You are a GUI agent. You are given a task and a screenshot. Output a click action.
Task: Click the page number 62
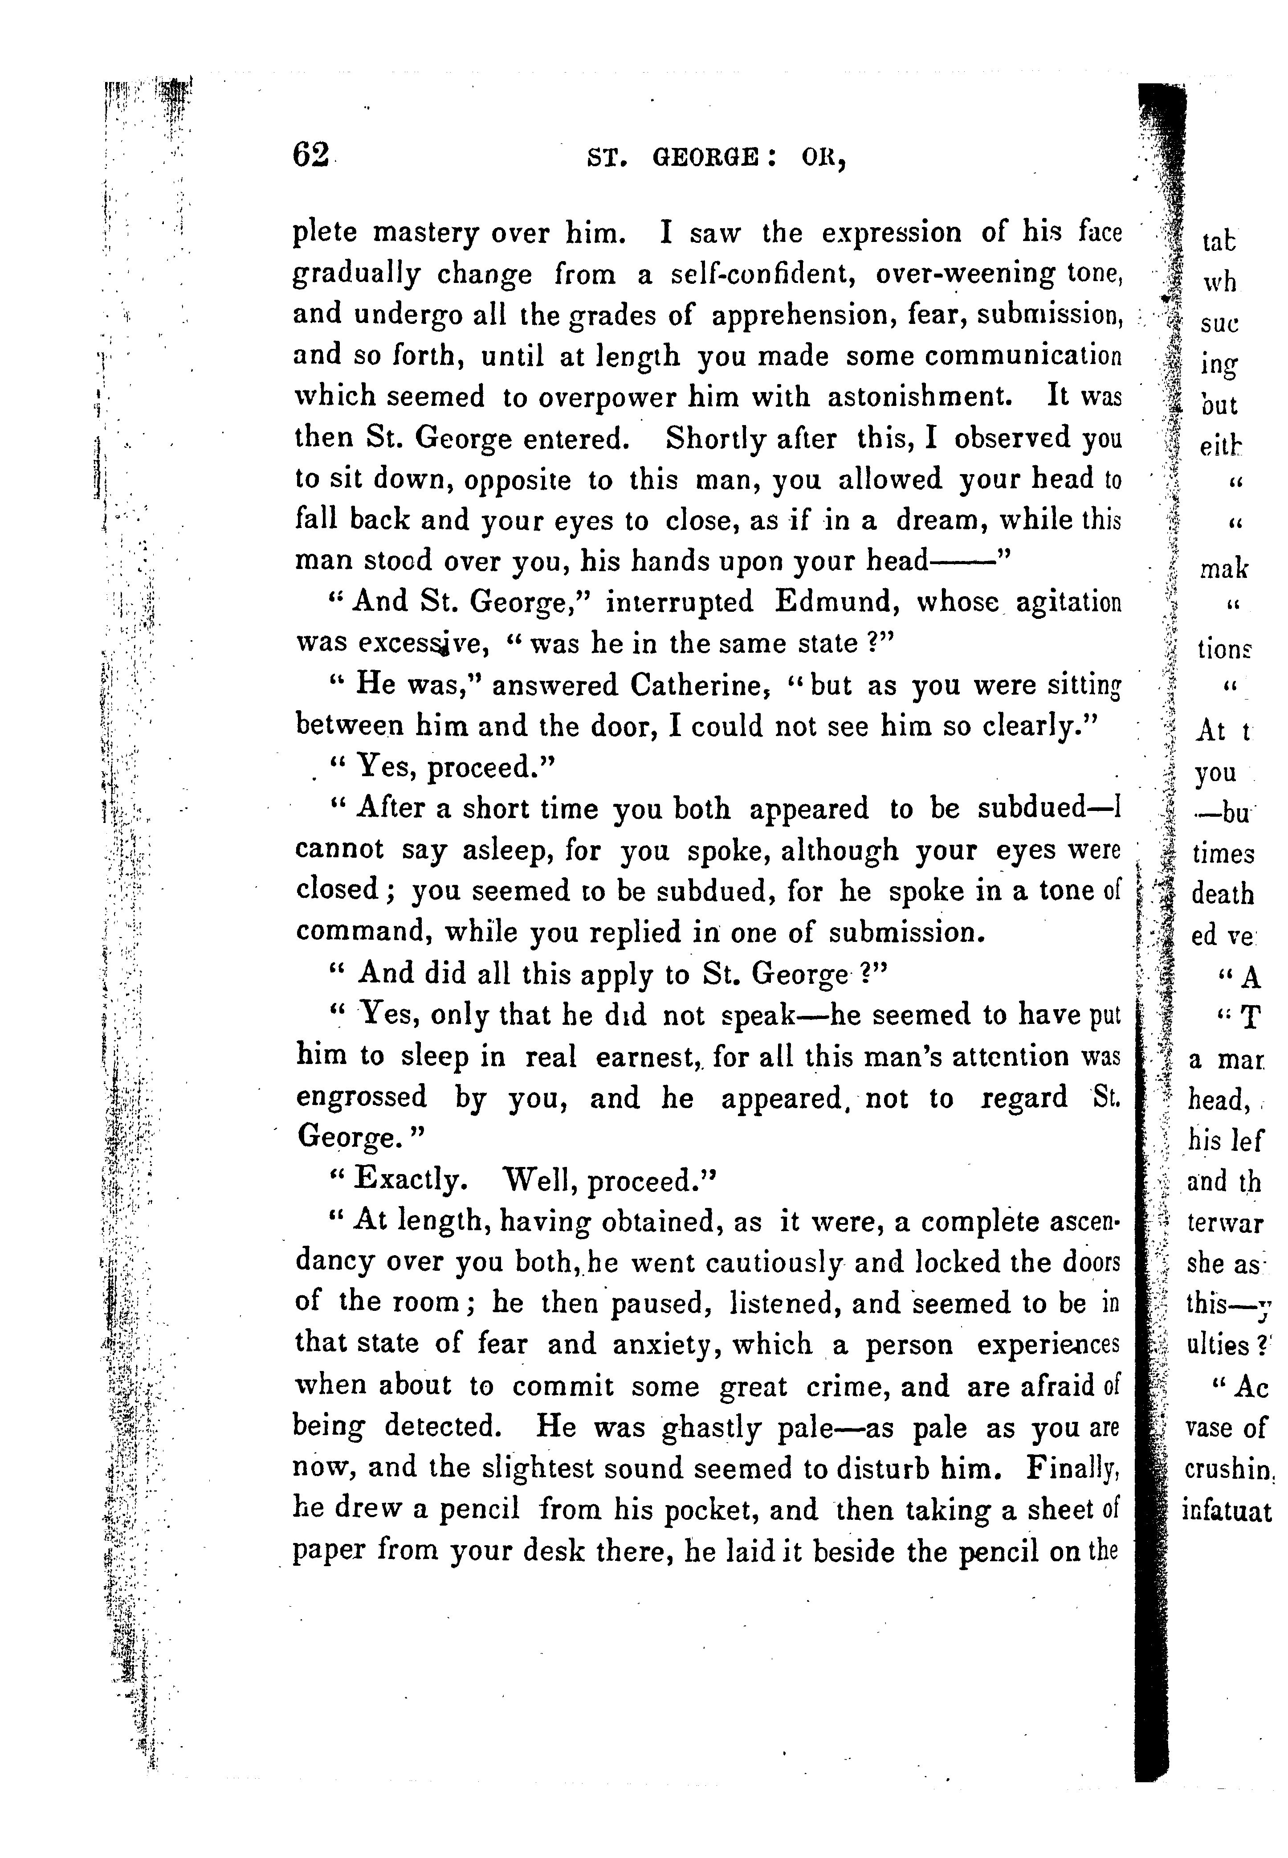click(311, 153)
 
